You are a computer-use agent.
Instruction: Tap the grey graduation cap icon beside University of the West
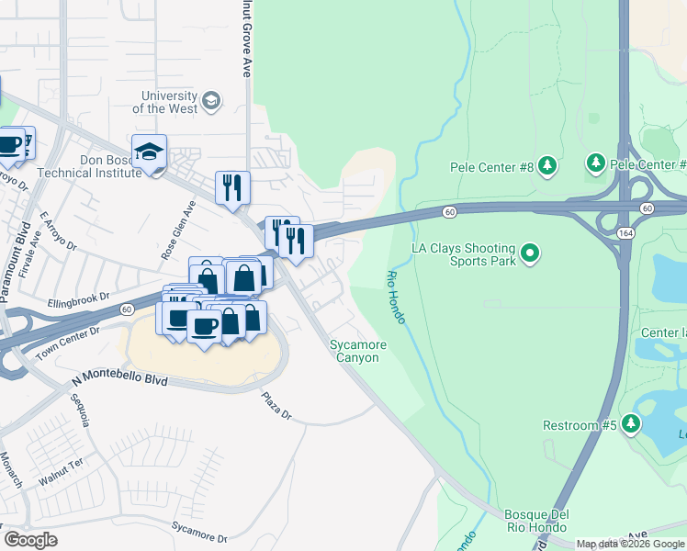click(x=211, y=100)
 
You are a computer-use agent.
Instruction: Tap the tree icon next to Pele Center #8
click(x=547, y=165)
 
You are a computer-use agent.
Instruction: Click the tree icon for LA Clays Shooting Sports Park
click(x=529, y=252)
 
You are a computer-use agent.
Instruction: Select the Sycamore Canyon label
click(x=358, y=351)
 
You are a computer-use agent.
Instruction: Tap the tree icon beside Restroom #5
click(x=630, y=423)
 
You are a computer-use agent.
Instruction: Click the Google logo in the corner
click(x=29, y=540)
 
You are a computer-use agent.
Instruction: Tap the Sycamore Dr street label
click(x=198, y=531)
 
